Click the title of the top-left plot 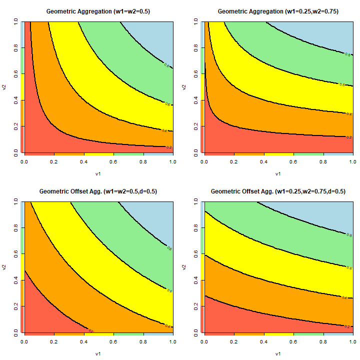97,11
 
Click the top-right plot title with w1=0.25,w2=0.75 278,11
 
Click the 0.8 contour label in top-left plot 167,65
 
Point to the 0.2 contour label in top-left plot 168,147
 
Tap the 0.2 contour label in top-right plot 349,136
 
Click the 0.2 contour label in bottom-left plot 90,330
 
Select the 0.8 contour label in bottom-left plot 169,247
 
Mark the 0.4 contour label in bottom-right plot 344,297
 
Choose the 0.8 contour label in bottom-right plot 348,234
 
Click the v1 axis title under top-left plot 98,174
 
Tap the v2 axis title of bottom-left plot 4,267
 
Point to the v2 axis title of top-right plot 184,87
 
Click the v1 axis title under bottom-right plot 278,354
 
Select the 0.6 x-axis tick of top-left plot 113,162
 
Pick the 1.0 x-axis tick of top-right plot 352,162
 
